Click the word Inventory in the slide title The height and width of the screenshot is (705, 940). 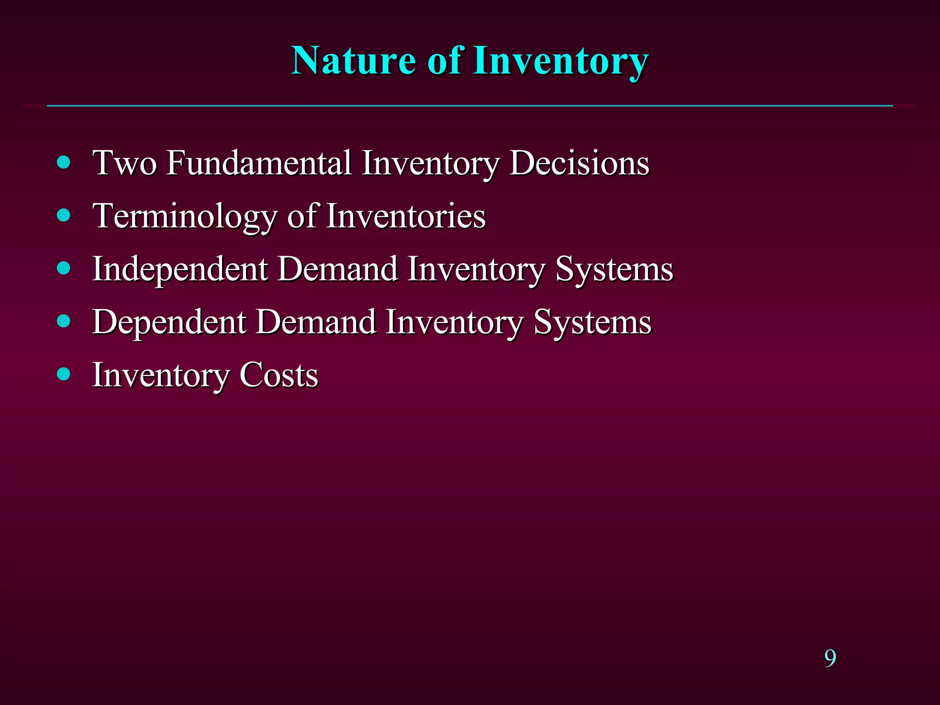(561, 62)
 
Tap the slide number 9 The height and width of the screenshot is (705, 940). (830, 659)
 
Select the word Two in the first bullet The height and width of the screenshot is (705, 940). (124, 163)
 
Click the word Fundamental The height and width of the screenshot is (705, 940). (259, 163)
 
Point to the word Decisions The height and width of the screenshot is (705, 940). (579, 163)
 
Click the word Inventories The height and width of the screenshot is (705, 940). (406, 216)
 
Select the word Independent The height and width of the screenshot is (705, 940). (180, 269)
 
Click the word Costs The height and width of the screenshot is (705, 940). (279, 375)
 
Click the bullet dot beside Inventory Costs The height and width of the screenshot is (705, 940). (64, 374)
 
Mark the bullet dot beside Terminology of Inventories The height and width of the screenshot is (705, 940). (64, 215)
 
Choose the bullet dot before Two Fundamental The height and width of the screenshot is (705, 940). (64, 162)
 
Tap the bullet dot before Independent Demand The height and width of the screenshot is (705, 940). (64, 268)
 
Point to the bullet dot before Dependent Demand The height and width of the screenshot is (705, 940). (64, 321)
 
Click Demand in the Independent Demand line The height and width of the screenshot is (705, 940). (338, 269)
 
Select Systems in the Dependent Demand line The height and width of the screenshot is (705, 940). (593, 322)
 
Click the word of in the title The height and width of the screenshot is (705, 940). (444, 61)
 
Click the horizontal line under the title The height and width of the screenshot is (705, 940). (470, 106)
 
